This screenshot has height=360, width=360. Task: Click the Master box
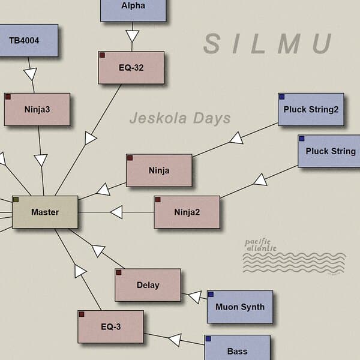tap(45, 212)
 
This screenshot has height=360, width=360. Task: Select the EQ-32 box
tap(131, 67)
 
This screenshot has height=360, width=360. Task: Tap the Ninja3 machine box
tap(37, 109)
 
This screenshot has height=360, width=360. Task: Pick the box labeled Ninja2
tap(187, 212)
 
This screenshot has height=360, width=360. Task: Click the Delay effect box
tap(148, 285)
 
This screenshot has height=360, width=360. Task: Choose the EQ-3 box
tap(110, 326)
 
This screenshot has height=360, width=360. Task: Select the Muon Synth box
tap(240, 307)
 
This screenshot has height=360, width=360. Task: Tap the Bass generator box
tap(237, 350)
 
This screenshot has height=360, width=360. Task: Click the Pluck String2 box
tap(311, 109)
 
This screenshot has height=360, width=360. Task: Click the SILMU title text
tap(268, 44)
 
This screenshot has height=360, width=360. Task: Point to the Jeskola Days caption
tap(180, 118)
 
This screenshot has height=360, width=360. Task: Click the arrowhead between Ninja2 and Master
tap(116, 212)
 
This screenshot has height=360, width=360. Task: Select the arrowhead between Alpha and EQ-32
tap(132, 36)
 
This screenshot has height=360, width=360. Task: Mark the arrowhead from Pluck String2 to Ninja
tap(236, 139)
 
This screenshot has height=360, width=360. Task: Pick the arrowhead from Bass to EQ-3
tap(175, 340)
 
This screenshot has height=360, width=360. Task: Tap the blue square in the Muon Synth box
tap(211, 295)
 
